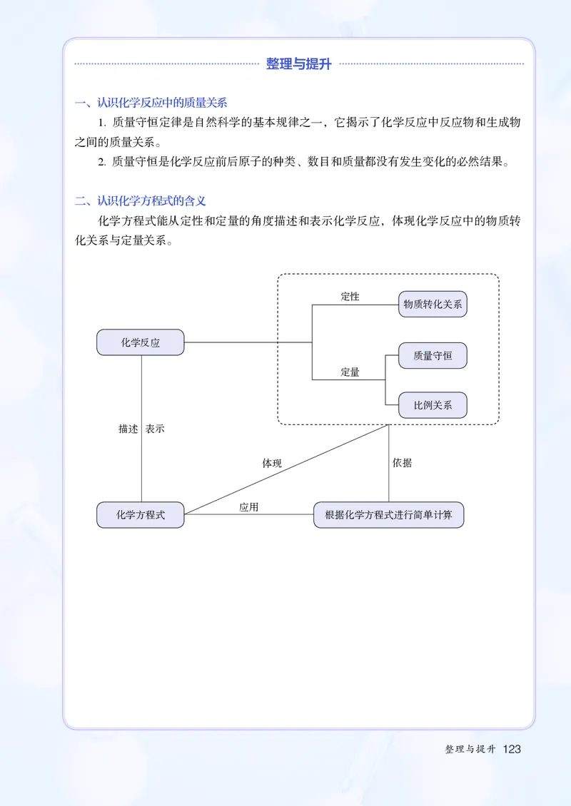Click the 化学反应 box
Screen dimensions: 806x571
coord(141,342)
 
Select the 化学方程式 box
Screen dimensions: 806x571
coord(141,514)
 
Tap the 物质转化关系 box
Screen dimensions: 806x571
coord(433,304)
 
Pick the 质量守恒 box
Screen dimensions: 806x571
coord(433,355)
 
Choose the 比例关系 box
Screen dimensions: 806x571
coord(433,405)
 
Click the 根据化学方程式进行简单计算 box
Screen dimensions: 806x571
coord(388,514)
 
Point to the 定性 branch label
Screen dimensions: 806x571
coord(350,297)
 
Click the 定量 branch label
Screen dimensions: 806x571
coord(350,372)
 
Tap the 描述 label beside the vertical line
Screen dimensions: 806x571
coord(128,429)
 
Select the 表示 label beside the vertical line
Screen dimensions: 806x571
coord(155,429)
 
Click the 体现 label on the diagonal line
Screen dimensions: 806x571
coord(272,464)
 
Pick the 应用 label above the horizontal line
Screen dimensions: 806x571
coord(249,507)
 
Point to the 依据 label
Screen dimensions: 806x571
coord(402,463)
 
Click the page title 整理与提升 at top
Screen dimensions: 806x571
coord(299,64)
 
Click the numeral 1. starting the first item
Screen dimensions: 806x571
coord(102,123)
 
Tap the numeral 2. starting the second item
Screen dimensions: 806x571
coord(102,162)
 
